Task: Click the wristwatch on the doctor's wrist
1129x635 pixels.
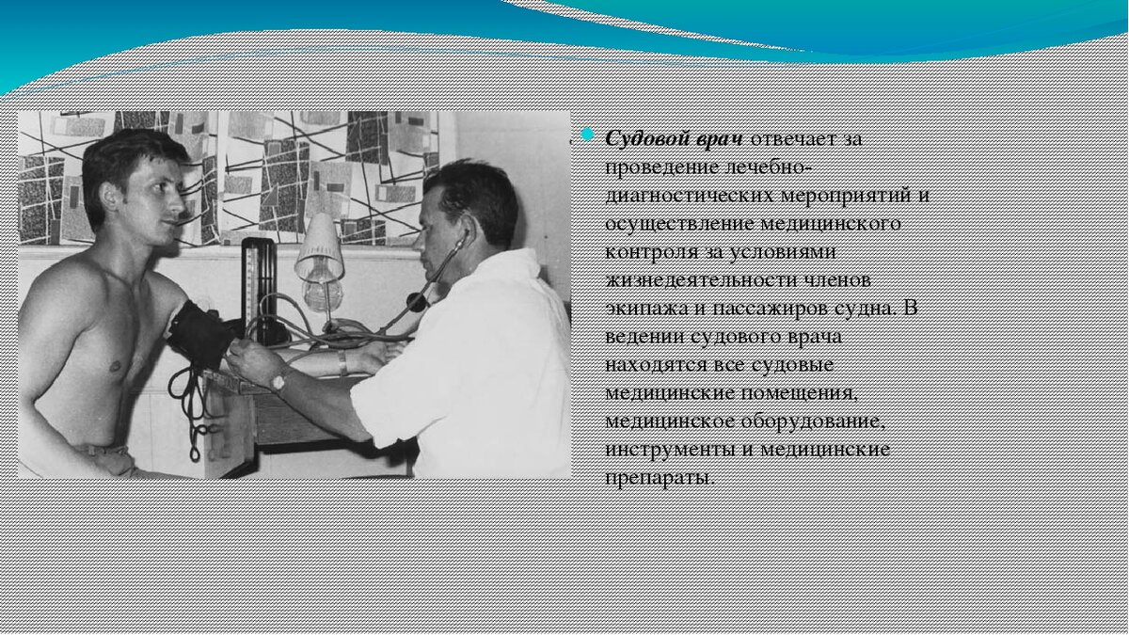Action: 278,380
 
